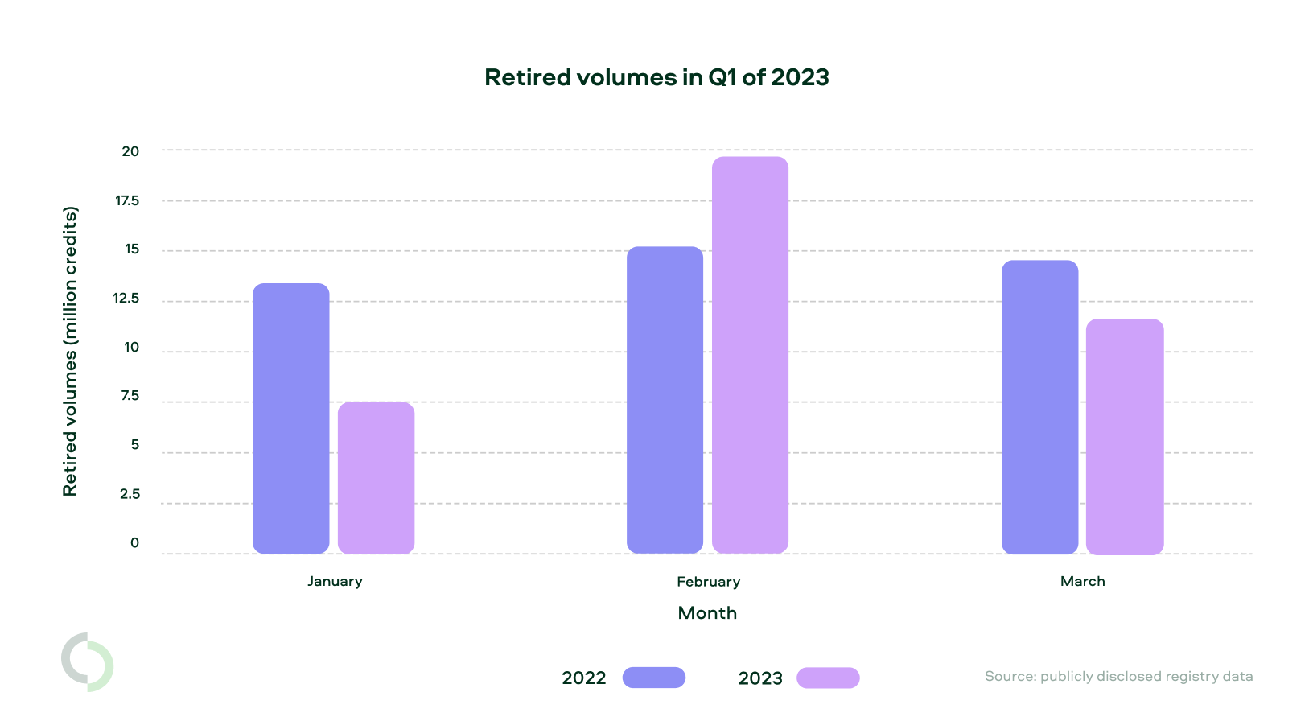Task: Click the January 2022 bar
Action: pyautogui.click(x=290, y=418)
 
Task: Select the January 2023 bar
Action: pyautogui.click(x=376, y=478)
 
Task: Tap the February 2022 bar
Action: pyautogui.click(x=665, y=400)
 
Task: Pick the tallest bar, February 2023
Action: pyautogui.click(x=750, y=355)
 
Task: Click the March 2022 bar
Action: pyautogui.click(x=1039, y=407)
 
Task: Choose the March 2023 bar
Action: pyautogui.click(x=1125, y=436)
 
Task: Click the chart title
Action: pyautogui.click(x=656, y=77)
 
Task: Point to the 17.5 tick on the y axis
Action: pyautogui.click(x=127, y=200)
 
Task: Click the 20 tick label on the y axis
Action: pyautogui.click(x=130, y=151)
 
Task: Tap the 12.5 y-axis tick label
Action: pyautogui.click(x=126, y=299)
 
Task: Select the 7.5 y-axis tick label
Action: pyautogui.click(x=130, y=396)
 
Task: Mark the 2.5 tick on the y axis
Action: pyautogui.click(x=130, y=494)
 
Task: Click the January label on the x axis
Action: pyautogui.click(x=335, y=581)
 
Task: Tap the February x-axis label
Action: pyautogui.click(x=708, y=581)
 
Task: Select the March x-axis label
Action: pyautogui.click(x=1082, y=581)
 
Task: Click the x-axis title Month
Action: pyautogui.click(x=707, y=613)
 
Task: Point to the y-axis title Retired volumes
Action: pyautogui.click(x=70, y=352)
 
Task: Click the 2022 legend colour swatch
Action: pyautogui.click(x=653, y=678)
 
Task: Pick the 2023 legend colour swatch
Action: pyautogui.click(x=828, y=678)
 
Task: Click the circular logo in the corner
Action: pyautogui.click(x=88, y=662)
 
